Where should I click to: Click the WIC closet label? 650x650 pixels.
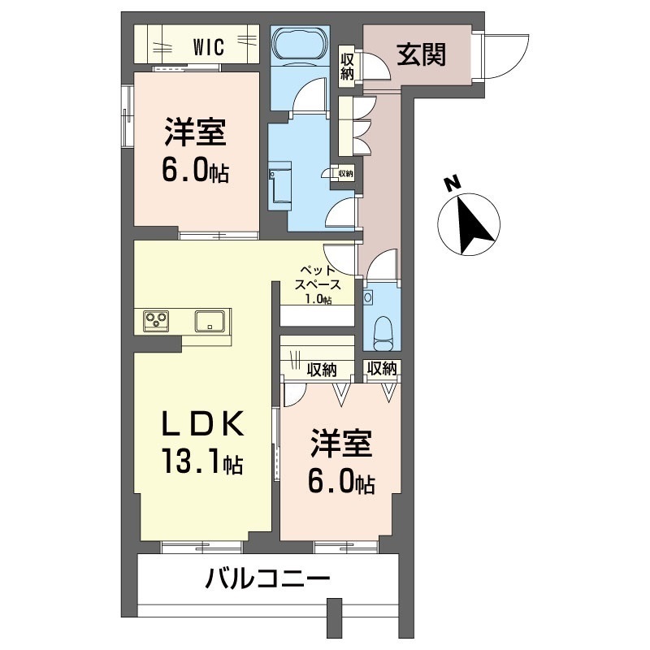(208, 46)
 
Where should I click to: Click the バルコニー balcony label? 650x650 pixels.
(267, 579)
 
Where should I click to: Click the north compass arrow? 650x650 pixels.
(470, 224)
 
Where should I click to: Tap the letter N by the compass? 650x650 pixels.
(452, 183)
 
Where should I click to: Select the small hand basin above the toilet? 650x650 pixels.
(370, 298)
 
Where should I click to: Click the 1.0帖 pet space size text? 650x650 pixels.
(317, 299)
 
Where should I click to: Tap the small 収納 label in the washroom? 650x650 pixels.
(345, 173)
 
